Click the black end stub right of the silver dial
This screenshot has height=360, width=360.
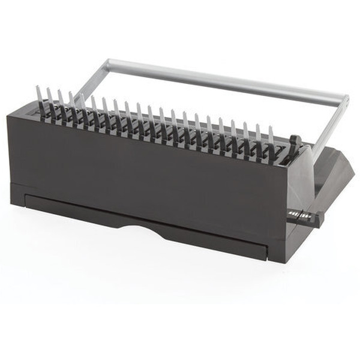point(319,219)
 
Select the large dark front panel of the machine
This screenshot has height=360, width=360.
point(150,174)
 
